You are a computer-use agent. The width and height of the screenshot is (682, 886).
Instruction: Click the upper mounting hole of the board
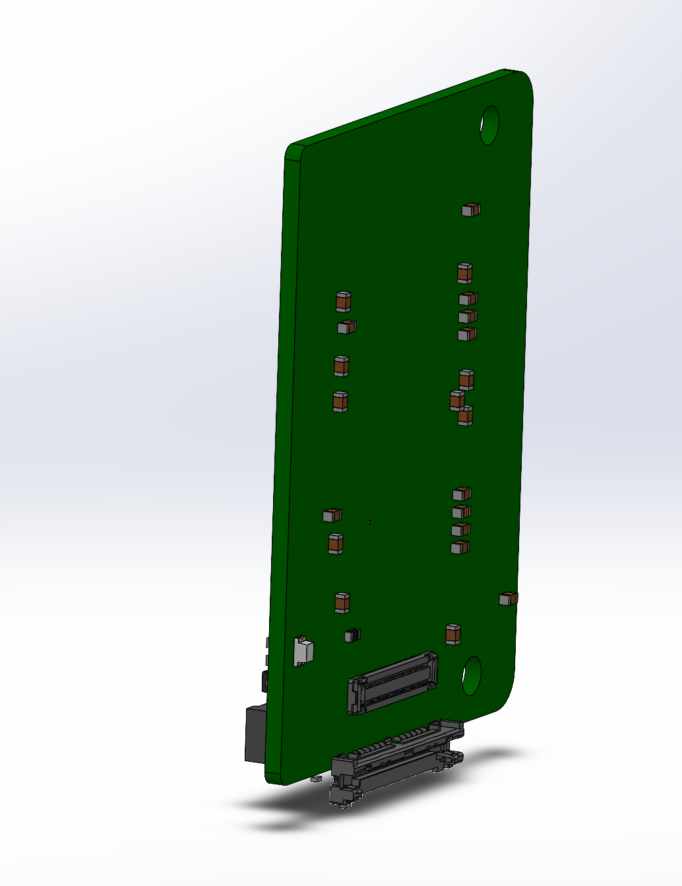[x=489, y=124]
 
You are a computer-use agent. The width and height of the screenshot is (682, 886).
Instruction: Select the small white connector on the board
[x=303, y=651]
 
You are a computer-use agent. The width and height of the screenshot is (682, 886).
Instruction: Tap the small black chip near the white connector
[x=352, y=636]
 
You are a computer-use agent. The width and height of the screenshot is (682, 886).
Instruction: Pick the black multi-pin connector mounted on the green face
[x=392, y=684]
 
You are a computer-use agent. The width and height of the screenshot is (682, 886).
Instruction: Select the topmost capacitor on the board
[x=470, y=210]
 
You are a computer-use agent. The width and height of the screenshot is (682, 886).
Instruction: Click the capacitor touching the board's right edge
[x=508, y=598]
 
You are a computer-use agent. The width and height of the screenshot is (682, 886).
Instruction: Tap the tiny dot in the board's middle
[x=370, y=522]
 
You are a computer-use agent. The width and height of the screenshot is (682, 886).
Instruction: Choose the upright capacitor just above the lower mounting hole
[x=453, y=634]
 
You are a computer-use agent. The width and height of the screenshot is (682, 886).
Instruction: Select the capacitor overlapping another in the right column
[x=456, y=400]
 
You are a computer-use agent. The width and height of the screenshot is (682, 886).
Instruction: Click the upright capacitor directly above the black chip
[x=342, y=603]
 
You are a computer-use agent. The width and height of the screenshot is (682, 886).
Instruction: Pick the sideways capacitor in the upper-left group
[x=346, y=326]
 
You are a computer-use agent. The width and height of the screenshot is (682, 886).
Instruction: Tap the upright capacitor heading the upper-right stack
[x=464, y=273]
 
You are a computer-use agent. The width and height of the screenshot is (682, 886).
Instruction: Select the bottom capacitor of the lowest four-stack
[x=460, y=547]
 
